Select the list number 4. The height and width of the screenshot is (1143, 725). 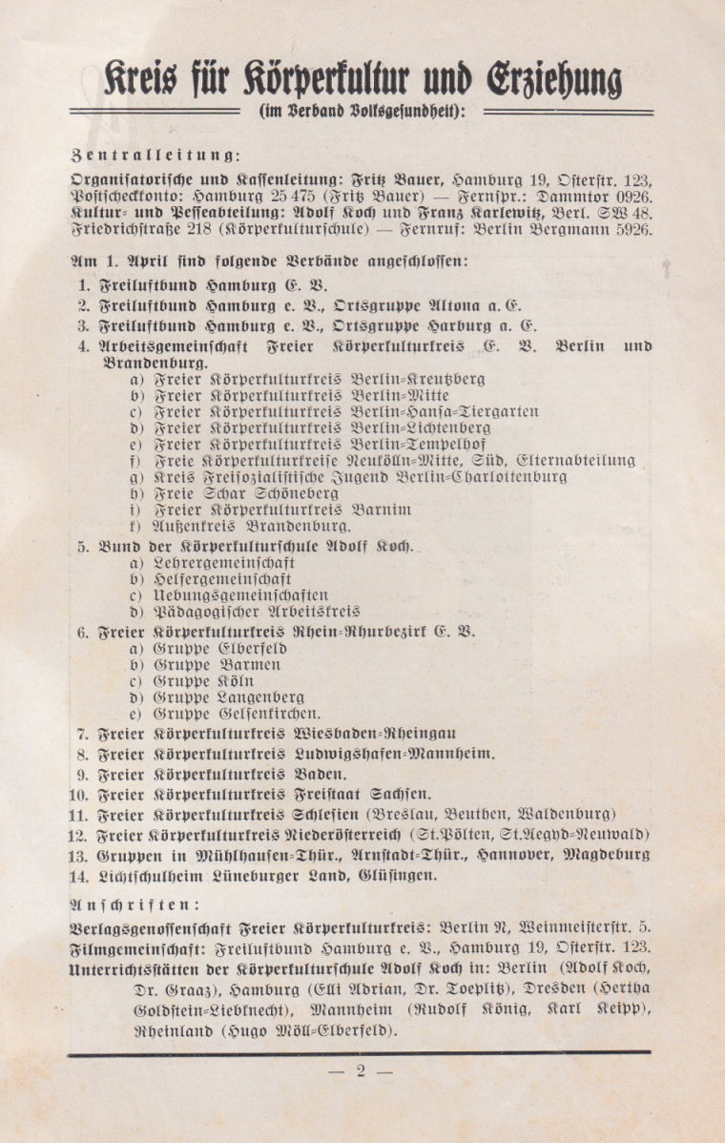click(84, 346)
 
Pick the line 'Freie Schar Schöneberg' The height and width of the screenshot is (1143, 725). click(245, 493)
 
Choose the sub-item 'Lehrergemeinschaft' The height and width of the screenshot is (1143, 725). click(223, 564)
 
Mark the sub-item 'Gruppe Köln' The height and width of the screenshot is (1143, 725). click(204, 681)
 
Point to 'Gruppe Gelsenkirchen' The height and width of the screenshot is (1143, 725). click(238, 714)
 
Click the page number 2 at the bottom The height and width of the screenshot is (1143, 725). click(361, 1070)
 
